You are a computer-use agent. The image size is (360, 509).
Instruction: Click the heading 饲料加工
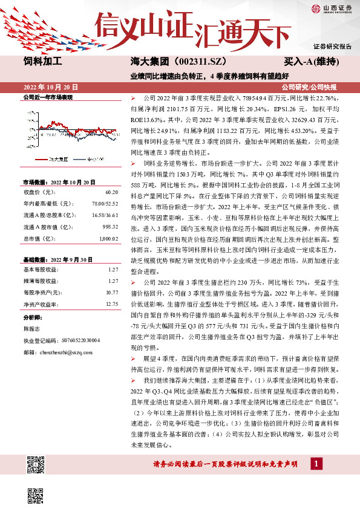[43, 61]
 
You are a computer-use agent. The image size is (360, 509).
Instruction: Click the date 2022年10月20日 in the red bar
[51, 87]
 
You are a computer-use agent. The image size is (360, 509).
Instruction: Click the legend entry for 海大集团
[53, 158]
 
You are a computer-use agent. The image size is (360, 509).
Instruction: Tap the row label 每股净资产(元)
[41, 292]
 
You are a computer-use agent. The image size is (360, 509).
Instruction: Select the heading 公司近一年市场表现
[48, 97]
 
